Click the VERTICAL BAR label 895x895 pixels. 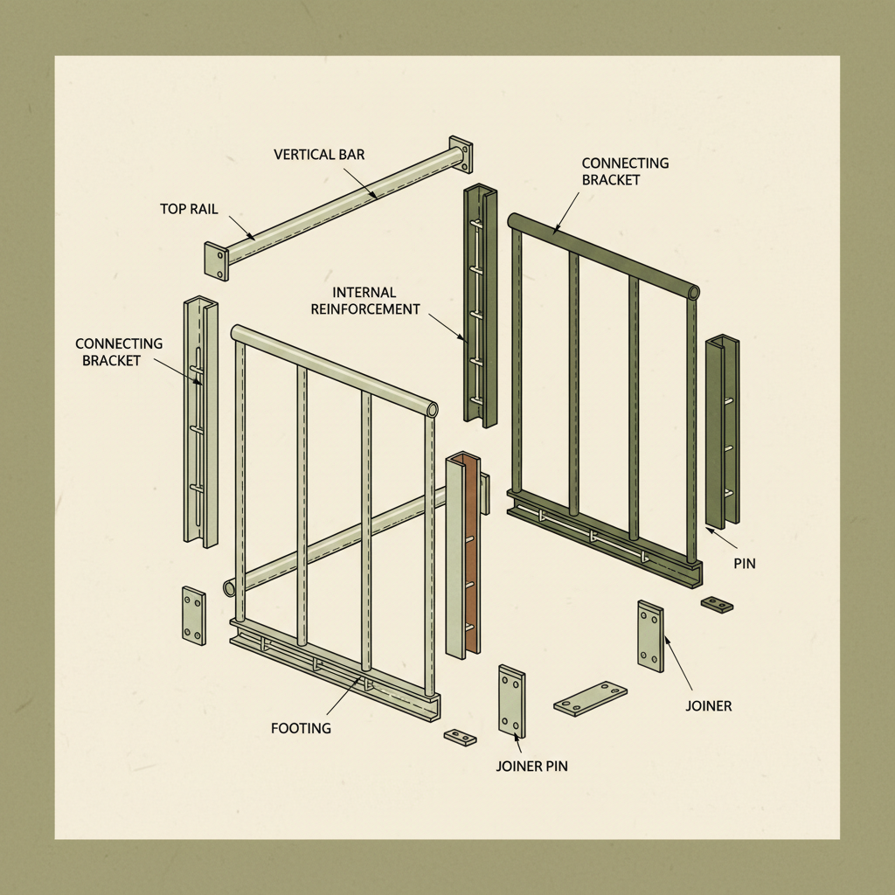coord(319,155)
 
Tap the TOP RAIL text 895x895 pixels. coord(190,209)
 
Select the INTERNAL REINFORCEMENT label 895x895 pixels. coord(377,300)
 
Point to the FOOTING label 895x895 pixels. coord(301,727)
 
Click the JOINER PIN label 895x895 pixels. coord(531,767)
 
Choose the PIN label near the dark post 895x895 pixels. coord(745,565)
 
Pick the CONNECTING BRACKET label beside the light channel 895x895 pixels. coord(119,351)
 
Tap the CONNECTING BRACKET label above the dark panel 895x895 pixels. coord(625,171)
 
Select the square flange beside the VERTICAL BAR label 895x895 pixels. coord(461,155)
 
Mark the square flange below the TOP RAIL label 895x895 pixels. coord(217,260)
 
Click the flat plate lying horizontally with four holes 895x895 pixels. coord(591,698)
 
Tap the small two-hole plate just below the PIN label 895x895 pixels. coord(717,604)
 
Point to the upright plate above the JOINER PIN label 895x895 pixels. coord(512,701)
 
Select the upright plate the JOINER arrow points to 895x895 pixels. coord(650,636)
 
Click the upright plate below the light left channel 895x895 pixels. coord(193,615)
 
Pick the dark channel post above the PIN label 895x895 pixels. coord(722,432)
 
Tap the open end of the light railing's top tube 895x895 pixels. coord(431,409)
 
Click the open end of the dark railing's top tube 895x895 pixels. coord(694,292)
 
